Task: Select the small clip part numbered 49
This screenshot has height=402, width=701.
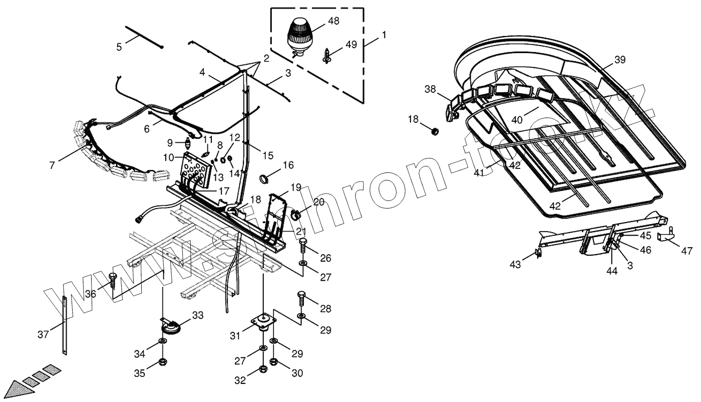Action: click(327, 55)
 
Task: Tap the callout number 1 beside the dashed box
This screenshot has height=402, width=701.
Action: click(384, 35)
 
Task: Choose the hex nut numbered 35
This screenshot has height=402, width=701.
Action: click(163, 362)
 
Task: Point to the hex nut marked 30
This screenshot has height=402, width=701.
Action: click(274, 361)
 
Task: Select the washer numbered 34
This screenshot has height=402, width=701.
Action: click(163, 342)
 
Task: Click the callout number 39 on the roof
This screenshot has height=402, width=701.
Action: click(620, 60)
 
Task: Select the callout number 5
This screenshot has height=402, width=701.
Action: click(119, 47)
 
